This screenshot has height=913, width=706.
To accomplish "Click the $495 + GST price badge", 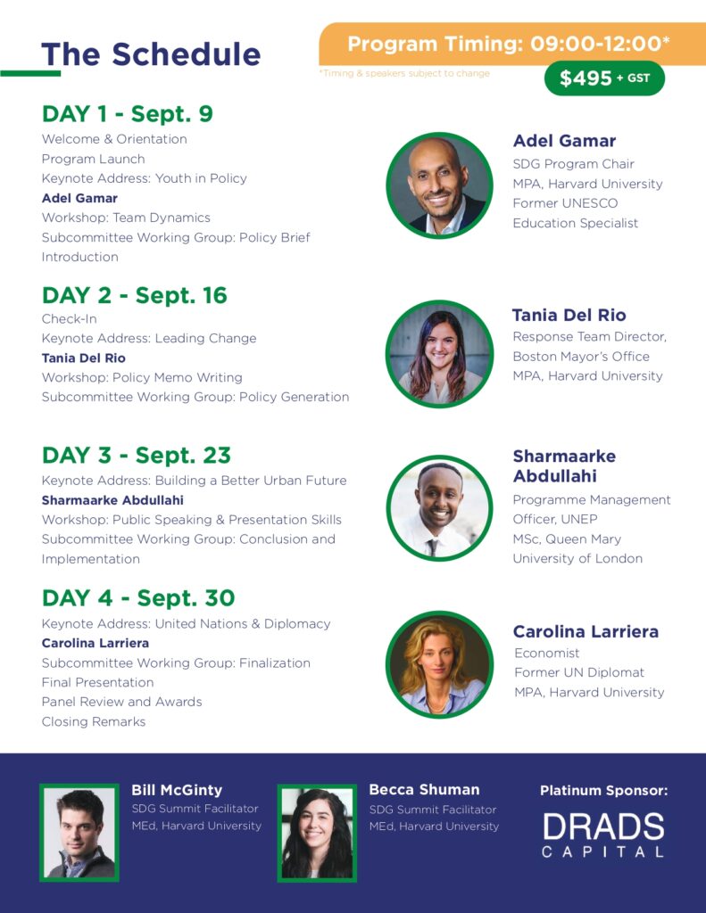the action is point(604,78).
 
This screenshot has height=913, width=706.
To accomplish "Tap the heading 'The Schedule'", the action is point(151,54).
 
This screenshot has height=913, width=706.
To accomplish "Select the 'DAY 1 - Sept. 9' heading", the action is point(127,113).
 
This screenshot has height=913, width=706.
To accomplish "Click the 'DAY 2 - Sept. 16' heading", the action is point(134,295).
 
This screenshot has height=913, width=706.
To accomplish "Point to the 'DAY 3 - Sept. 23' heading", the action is point(137,456).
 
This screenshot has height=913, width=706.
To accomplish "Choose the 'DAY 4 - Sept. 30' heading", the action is point(138,598).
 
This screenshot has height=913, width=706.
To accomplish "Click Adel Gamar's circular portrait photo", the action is point(439,185).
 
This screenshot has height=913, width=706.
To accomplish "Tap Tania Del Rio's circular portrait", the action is point(439,353).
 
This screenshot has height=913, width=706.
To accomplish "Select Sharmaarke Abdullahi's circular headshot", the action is point(439,507).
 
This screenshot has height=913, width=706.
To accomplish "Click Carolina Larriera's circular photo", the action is point(439,664).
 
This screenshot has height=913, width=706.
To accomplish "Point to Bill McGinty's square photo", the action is point(79,832).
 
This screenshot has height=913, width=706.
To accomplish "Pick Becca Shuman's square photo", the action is point(317,833).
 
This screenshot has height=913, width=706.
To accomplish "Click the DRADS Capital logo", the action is point(603,835).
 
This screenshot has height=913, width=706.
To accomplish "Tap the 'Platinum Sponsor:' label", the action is point(604,791).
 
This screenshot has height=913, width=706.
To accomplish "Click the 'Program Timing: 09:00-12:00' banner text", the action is point(509,44).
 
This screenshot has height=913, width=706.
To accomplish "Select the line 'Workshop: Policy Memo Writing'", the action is point(142,377).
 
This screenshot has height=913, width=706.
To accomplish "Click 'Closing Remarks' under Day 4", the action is point(94,721).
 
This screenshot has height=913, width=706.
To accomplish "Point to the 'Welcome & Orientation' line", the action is point(114,139).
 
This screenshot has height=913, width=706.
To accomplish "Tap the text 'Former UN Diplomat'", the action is point(579,672).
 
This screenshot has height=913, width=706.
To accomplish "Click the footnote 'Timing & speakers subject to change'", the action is point(404,73).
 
